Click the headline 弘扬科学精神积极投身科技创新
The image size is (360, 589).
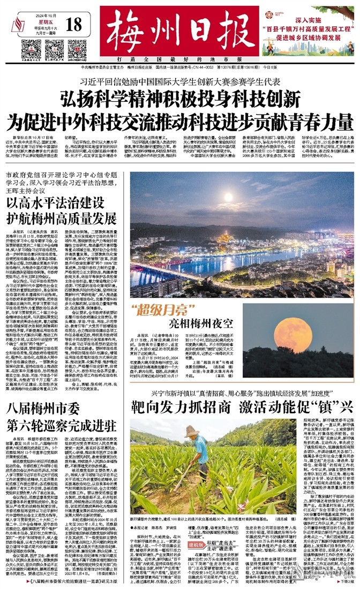[179, 99]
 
